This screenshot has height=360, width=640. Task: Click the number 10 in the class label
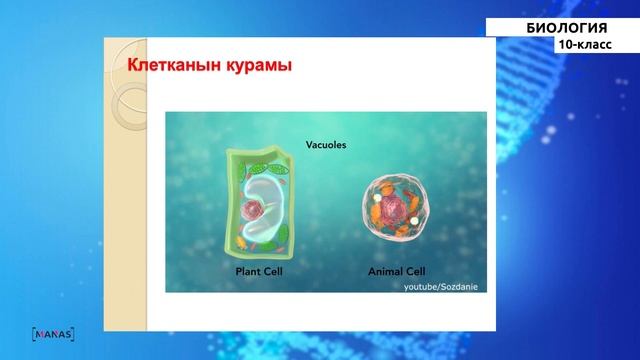[x=566, y=45]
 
